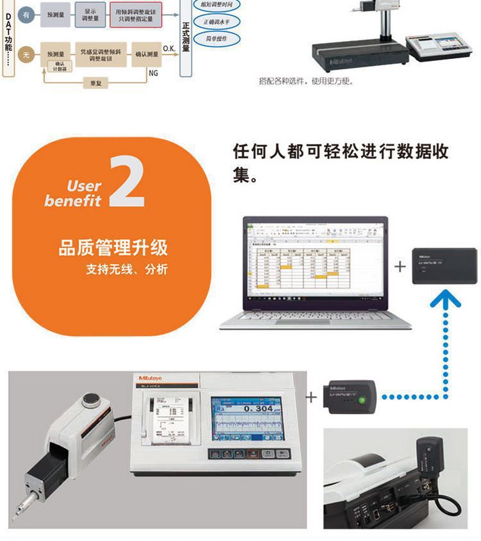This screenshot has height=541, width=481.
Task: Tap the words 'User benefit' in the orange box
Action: (76, 194)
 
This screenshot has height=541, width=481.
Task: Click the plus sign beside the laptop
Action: (400, 266)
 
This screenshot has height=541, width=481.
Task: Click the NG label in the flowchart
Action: (153, 73)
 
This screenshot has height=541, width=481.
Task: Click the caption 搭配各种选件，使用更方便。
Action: (306, 81)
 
